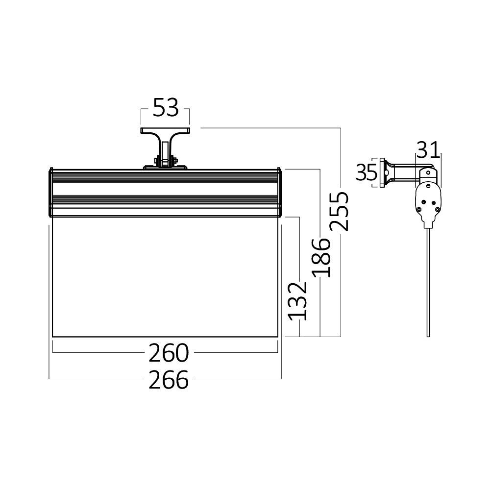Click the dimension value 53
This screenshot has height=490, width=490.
click(165, 108)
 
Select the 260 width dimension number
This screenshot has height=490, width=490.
click(168, 352)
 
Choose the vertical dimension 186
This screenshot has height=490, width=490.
click(320, 257)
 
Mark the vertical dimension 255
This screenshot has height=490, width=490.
click(339, 211)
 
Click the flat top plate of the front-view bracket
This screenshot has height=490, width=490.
click(166, 131)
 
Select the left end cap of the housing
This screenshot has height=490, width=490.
click(50, 192)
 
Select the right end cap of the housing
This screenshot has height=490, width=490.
click(280, 192)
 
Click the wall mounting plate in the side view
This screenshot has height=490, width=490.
click(381, 172)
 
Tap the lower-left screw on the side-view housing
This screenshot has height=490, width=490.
click(420, 209)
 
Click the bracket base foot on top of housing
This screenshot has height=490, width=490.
click(165, 168)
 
